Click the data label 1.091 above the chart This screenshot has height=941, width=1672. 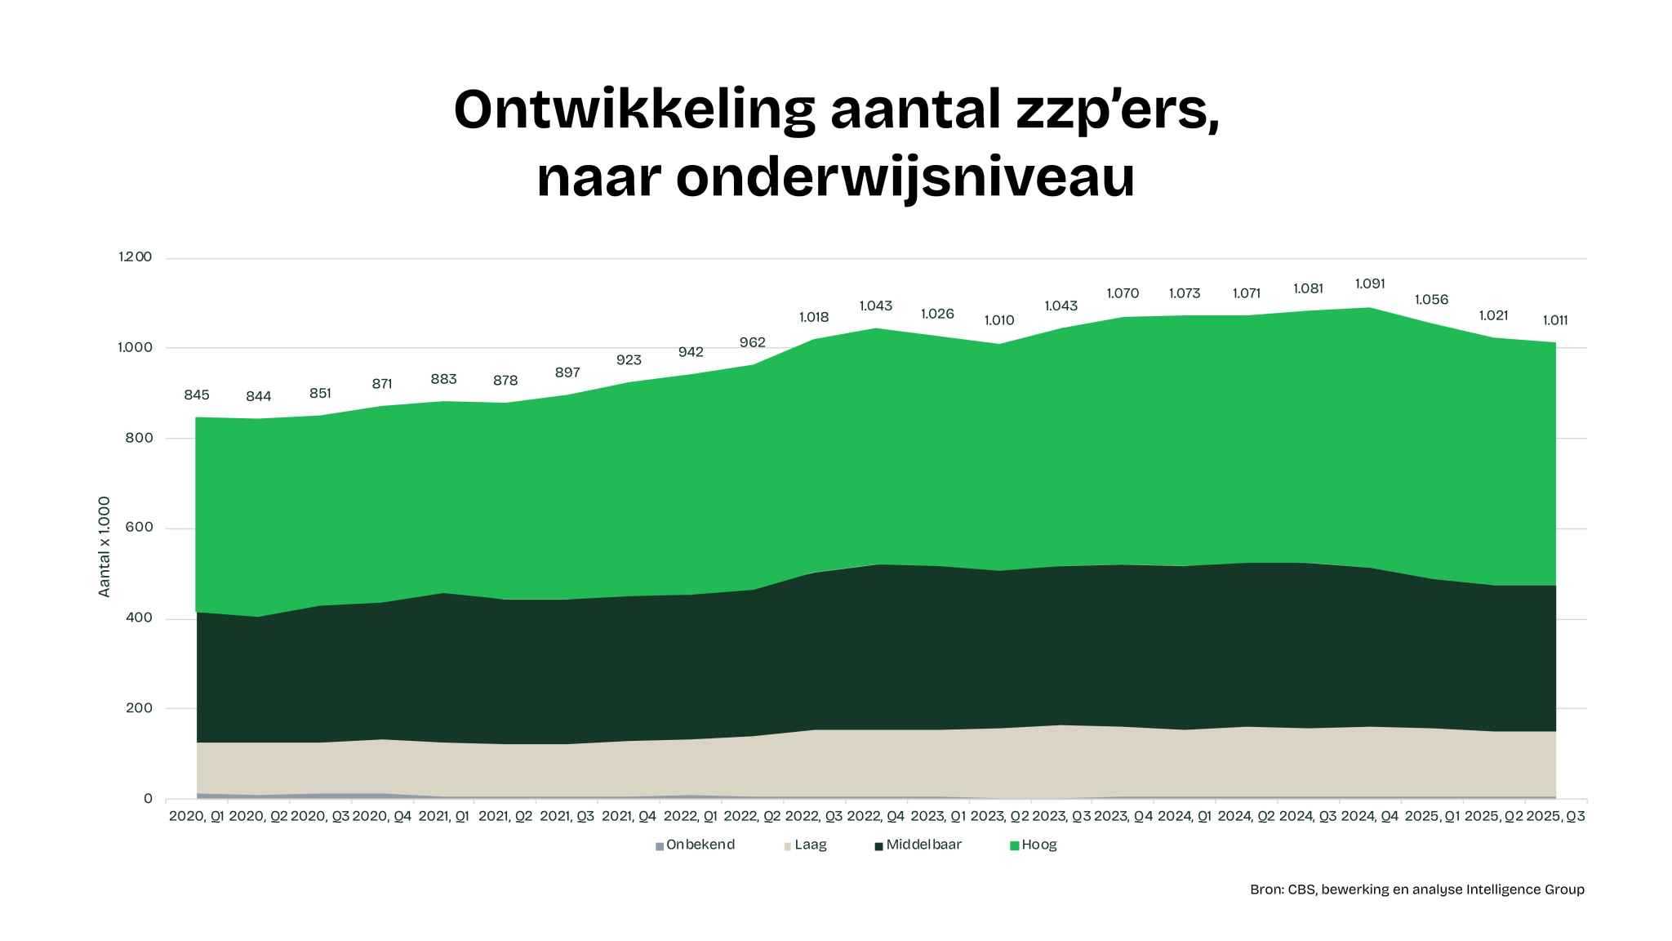point(1370,284)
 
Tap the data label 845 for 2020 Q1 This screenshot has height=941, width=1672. point(197,395)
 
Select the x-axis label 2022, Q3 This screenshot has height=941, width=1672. point(814,816)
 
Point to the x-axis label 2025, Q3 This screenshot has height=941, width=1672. point(1555,816)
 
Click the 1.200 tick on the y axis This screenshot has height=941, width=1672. point(136,257)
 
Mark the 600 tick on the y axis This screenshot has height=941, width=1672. point(139,528)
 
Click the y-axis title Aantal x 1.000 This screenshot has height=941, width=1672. point(104,546)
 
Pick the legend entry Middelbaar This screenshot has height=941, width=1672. point(923,845)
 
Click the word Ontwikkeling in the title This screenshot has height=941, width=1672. point(634,110)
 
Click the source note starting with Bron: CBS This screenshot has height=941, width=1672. point(1416,890)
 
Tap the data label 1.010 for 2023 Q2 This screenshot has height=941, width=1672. point(999,320)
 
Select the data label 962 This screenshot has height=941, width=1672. point(752,342)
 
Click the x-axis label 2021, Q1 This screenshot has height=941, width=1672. point(443,816)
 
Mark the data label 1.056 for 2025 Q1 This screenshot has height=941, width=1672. point(1431,300)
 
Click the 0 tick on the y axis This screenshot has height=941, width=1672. point(148,799)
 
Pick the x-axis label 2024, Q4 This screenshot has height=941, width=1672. point(1370,816)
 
